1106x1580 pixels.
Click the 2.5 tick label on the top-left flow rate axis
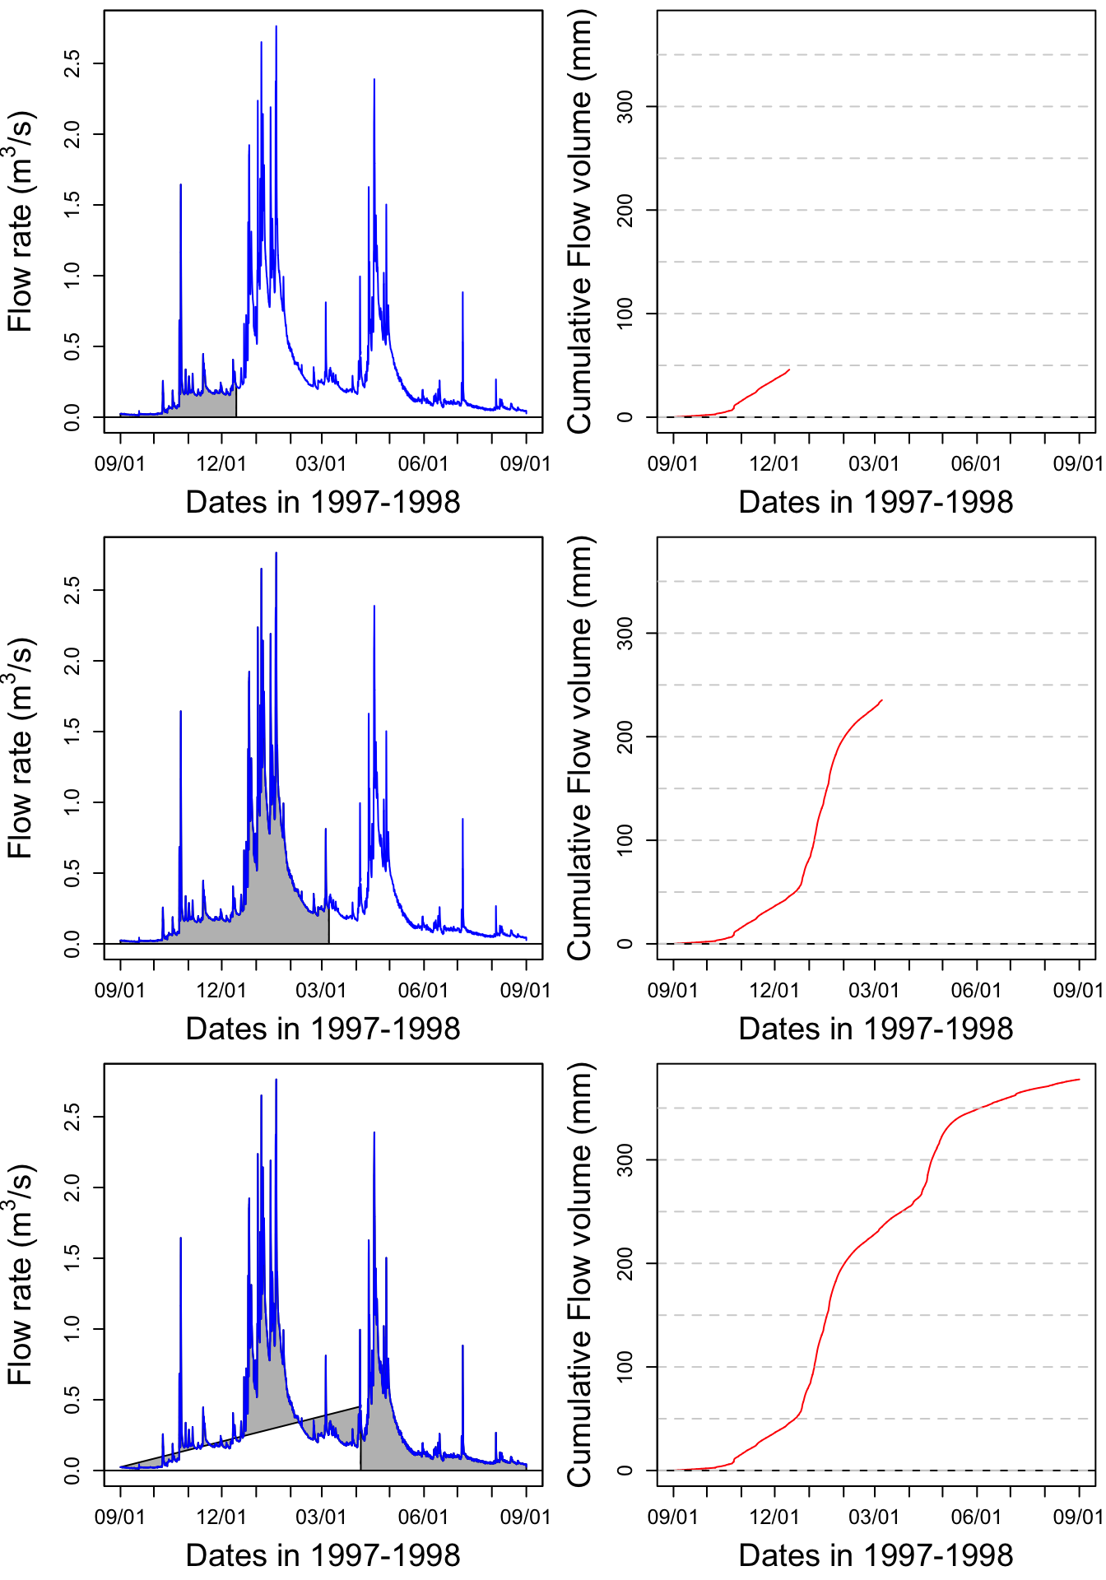(x=72, y=63)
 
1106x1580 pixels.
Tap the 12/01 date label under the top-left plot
(x=221, y=463)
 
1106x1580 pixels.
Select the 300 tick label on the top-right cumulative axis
(x=625, y=107)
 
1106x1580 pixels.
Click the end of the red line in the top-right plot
(x=789, y=369)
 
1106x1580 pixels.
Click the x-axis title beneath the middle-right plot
(x=876, y=1029)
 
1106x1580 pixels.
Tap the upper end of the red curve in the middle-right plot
(x=882, y=700)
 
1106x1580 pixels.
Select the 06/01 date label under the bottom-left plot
(x=423, y=1517)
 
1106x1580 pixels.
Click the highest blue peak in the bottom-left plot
(x=276, y=1080)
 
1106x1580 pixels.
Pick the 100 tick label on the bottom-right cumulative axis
(x=625, y=1367)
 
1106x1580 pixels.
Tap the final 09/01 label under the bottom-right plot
(x=1078, y=1517)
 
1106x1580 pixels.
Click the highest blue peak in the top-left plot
(x=276, y=26)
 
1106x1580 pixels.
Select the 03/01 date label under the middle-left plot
(x=321, y=990)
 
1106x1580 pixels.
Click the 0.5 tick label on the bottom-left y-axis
(x=72, y=1400)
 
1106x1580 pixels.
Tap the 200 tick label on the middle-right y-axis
(x=625, y=737)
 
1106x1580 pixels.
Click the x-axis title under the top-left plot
(x=323, y=502)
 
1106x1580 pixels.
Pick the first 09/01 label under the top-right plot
(x=672, y=463)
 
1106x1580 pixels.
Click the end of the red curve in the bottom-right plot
(x=1079, y=1080)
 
